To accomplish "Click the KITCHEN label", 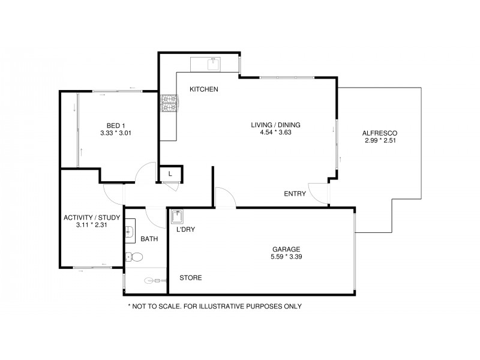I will coord(203,89).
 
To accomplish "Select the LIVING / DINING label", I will coord(275,125).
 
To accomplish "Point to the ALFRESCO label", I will coord(380,133).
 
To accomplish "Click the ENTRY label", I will coord(295,194).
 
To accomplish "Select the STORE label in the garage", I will coord(191,278).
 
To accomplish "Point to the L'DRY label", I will coord(185,229).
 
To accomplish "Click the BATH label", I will coord(149,239).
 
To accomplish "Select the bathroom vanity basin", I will coord(130,230).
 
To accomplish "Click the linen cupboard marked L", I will coord(170,174).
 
